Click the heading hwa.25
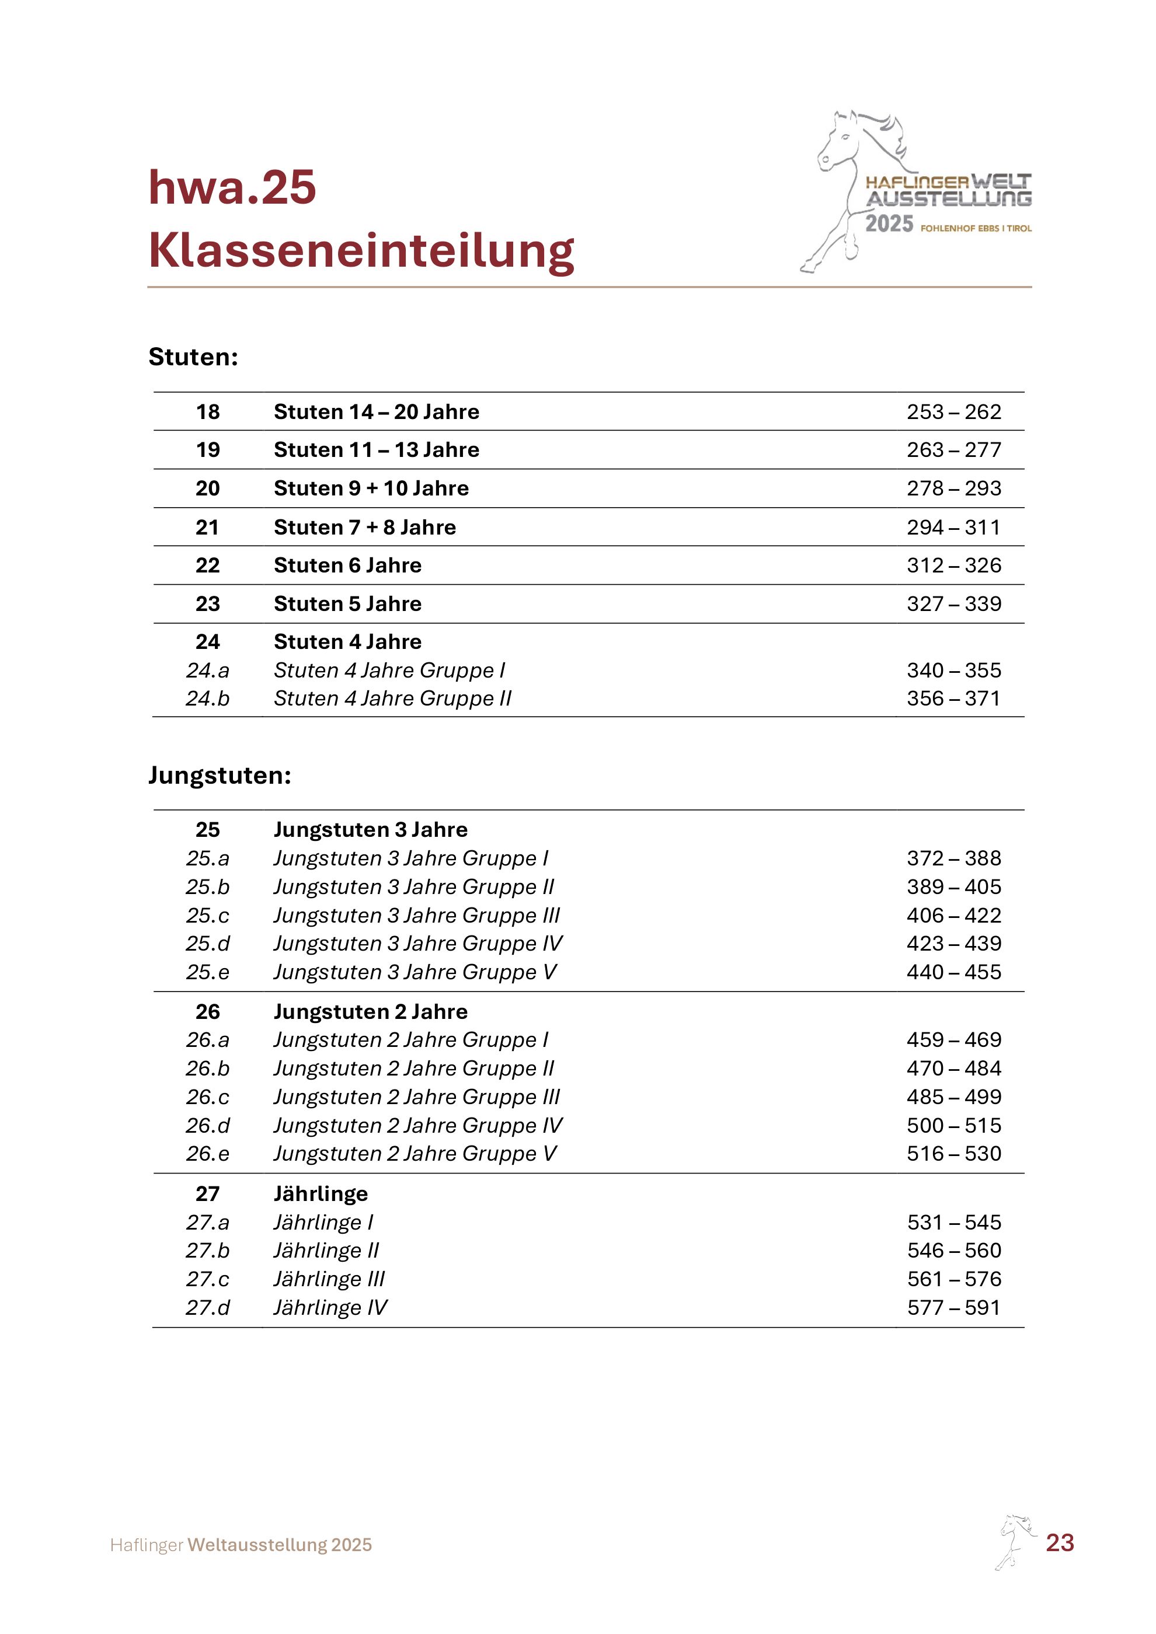pyautogui.click(x=232, y=187)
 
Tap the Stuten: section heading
pyautogui.click(x=193, y=357)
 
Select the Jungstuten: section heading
pyautogui.click(x=220, y=775)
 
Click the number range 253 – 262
pyautogui.click(x=953, y=412)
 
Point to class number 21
pyautogui.click(x=207, y=528)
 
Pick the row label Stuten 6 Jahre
pyautogui.click(x=347, y=566)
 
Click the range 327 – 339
pyautogui.click(x=953, y=604)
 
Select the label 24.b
pyautogui.click(x=207, y=699)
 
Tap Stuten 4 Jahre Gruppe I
pyautogui.click(x=389, y=671)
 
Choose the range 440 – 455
pyautogui.click(x=953, y=972)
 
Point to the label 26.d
pyautogui.click(x=207, y=1126)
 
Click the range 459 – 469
pyautogui.click(x=953, y=1041)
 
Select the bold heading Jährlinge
pyautogui.click(x=321, y=1194)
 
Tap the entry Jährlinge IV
pyautogui.click(x=330, y=1308)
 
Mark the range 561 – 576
pyautogui.click(x=953, y=1280)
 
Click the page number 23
pyautogui.click(x=1059, y=1543)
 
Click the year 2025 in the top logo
pyautogui.click(x=889, y=224)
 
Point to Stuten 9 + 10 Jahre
pyautogui.click(x=371, y=489)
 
